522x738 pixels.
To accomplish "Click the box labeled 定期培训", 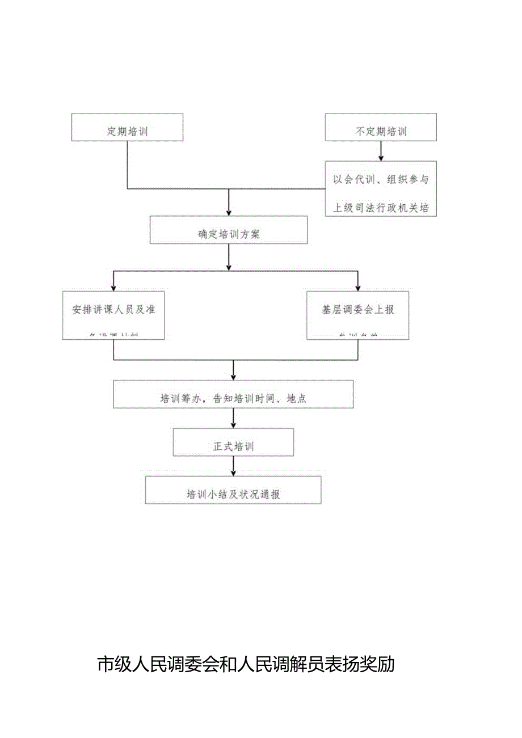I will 127,127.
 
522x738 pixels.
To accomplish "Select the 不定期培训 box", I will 381,127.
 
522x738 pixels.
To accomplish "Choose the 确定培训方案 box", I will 229,230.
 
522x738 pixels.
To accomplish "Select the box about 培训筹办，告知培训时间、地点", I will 233,394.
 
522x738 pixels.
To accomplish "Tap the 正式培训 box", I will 233,442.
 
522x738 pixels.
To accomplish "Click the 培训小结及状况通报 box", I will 233,490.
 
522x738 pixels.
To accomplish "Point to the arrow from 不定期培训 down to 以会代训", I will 381,151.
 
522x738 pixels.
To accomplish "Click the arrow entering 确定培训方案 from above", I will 229,203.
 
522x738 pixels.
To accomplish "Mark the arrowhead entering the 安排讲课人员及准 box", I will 113,286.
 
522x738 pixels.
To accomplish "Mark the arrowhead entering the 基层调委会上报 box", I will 357,286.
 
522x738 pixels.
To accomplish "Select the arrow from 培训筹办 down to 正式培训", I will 233,419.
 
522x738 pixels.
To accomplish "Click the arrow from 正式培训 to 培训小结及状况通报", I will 233,466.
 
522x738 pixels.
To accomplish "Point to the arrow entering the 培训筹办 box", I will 233,372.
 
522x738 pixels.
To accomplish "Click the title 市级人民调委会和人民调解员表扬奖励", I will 246,664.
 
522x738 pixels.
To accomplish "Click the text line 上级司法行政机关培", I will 381,208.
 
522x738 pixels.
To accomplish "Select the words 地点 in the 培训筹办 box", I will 297,399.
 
